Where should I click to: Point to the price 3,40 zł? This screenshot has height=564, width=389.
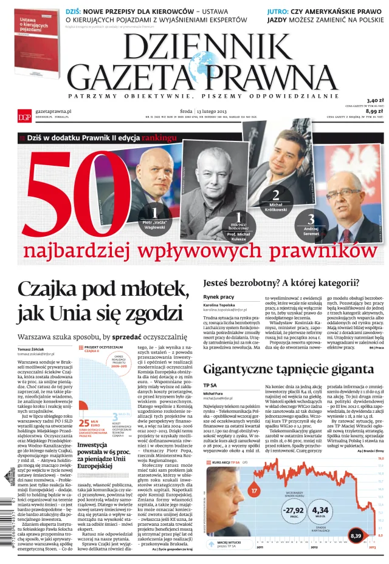(x=375, y=101)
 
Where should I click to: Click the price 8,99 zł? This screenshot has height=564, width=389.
(x=374, y=111)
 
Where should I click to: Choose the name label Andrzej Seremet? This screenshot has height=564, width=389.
(x=310, y=231)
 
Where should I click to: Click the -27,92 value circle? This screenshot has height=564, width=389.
(x=294, y=511)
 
